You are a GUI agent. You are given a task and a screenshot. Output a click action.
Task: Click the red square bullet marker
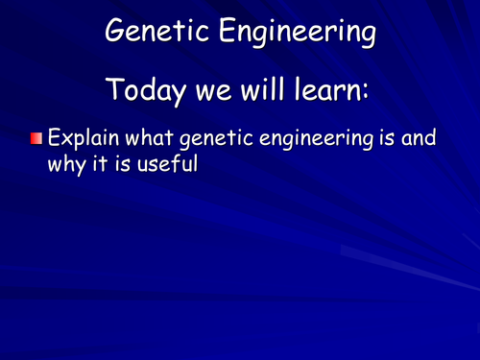(x=36, y=140)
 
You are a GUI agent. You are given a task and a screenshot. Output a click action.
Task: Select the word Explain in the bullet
(x=83, y=139)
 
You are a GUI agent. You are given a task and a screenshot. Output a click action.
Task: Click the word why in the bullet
(x=67, y=164)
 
